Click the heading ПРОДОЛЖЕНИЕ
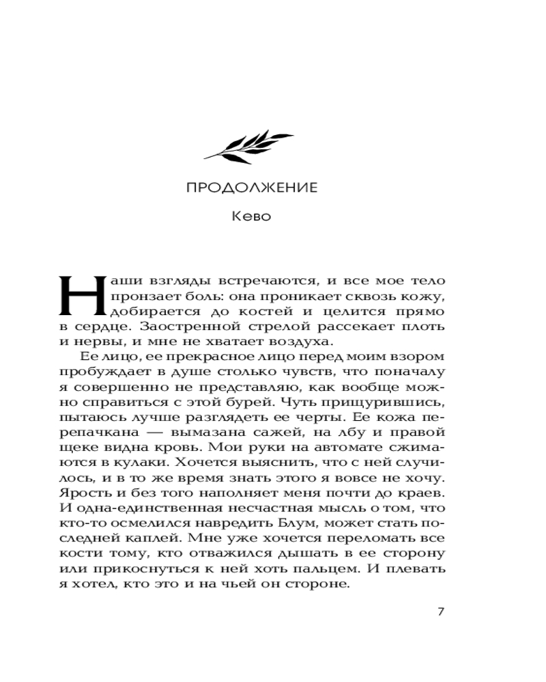pyautogui.click(x=252, y=188)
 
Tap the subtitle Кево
pyautogui.click(x=252, y=218)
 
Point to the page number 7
pyautogui.click(x=440, y=611)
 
